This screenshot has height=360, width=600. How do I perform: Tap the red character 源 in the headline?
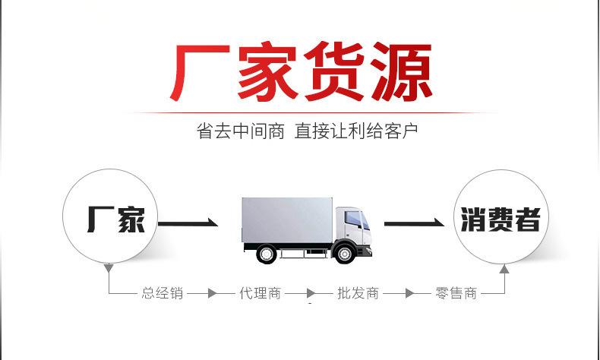tap(401, 74)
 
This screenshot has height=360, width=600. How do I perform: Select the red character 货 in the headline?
tap(335, 74)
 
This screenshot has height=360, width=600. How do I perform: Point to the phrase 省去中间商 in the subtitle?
tap(240, 131)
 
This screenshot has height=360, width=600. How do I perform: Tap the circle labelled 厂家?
tap(110, 218)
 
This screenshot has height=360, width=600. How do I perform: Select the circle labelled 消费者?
tap(500, 218)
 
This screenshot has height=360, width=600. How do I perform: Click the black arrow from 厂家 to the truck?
tap(187, 223)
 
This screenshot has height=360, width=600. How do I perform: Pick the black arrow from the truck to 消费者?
tap(414, 223)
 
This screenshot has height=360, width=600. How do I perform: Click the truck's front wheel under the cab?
tap(345, 252)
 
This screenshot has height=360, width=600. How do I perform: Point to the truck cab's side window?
tap(353, 218)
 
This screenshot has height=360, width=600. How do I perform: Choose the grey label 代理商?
tap(260, 293)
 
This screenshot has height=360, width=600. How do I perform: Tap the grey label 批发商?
tap(358, 293)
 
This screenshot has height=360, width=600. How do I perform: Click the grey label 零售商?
tap(456, 293)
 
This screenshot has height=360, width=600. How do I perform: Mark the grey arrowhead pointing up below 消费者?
tap(504, 268)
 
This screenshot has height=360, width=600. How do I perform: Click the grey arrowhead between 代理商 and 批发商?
tap(311, 293)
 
